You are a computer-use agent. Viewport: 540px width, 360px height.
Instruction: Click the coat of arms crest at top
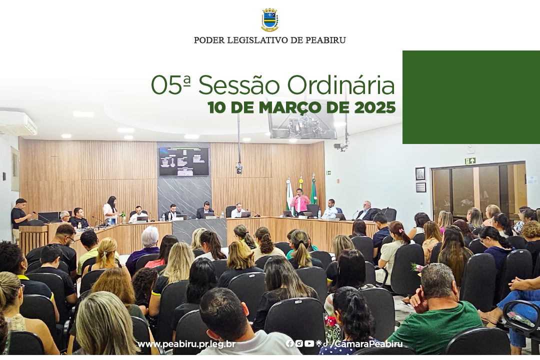270,20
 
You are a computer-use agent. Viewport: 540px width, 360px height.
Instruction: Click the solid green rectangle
471,97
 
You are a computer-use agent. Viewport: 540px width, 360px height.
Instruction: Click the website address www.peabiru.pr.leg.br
186,344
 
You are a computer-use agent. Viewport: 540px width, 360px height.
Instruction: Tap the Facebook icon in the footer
289,343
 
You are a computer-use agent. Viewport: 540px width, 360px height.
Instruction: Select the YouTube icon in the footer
309,343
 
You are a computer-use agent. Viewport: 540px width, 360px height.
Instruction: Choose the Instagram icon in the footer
299,343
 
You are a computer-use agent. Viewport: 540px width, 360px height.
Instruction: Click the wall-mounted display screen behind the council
184,161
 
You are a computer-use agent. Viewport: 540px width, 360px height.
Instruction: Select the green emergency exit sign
470,161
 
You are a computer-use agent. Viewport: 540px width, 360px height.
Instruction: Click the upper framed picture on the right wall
420,173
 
